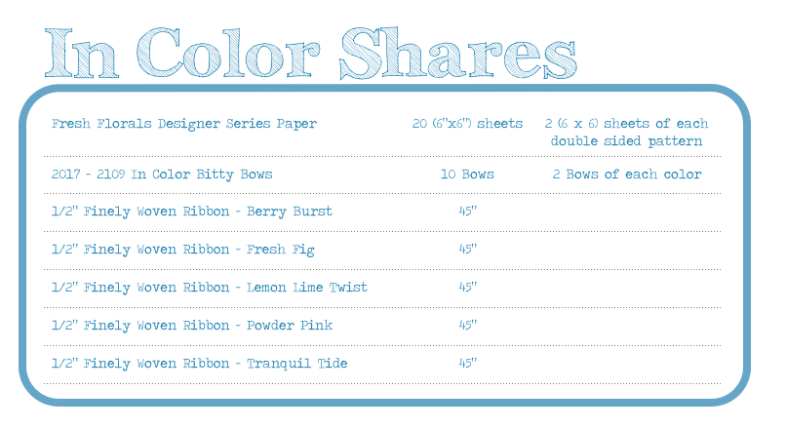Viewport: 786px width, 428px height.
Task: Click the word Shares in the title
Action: click(x=458, y=53)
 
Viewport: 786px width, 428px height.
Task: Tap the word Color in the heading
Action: click(x=228, y=53)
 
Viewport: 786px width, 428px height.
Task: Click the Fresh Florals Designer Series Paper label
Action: click(x=184, y=124)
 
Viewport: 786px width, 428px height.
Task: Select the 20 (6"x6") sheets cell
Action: click(x=467, y=123)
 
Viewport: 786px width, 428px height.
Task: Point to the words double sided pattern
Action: click(x=626, y=140)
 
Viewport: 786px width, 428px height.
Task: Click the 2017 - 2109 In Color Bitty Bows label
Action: click(x=162, y=175)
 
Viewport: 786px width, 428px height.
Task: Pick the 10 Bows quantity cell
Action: click(x=467, y=174)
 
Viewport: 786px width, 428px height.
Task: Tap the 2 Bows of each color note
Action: click(x=627, y=174)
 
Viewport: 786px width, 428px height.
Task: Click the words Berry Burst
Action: click(x=290, y=212)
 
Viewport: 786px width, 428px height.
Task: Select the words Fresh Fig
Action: click(x=280, y=250)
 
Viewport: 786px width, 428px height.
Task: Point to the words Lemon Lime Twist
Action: click(x=307, y=288)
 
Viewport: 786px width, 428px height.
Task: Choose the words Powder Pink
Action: click(x=290, y=326)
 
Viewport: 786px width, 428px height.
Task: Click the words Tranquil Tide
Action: click(x=296, y=364)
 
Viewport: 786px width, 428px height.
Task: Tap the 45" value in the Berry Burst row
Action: click(x=467, y=211)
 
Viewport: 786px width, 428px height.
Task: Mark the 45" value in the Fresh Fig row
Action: click(x=467, y=249)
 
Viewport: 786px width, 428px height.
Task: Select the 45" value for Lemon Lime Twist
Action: click(x=467, y=288)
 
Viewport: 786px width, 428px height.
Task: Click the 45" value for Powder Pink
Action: click(x=467, y=326)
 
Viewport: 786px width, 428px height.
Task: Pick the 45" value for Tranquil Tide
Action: click(x=467, y=363)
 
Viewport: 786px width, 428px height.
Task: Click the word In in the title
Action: click(x=82, y=53)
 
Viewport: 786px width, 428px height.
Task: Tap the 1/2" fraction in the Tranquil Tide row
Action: click(x=64, y=363)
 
